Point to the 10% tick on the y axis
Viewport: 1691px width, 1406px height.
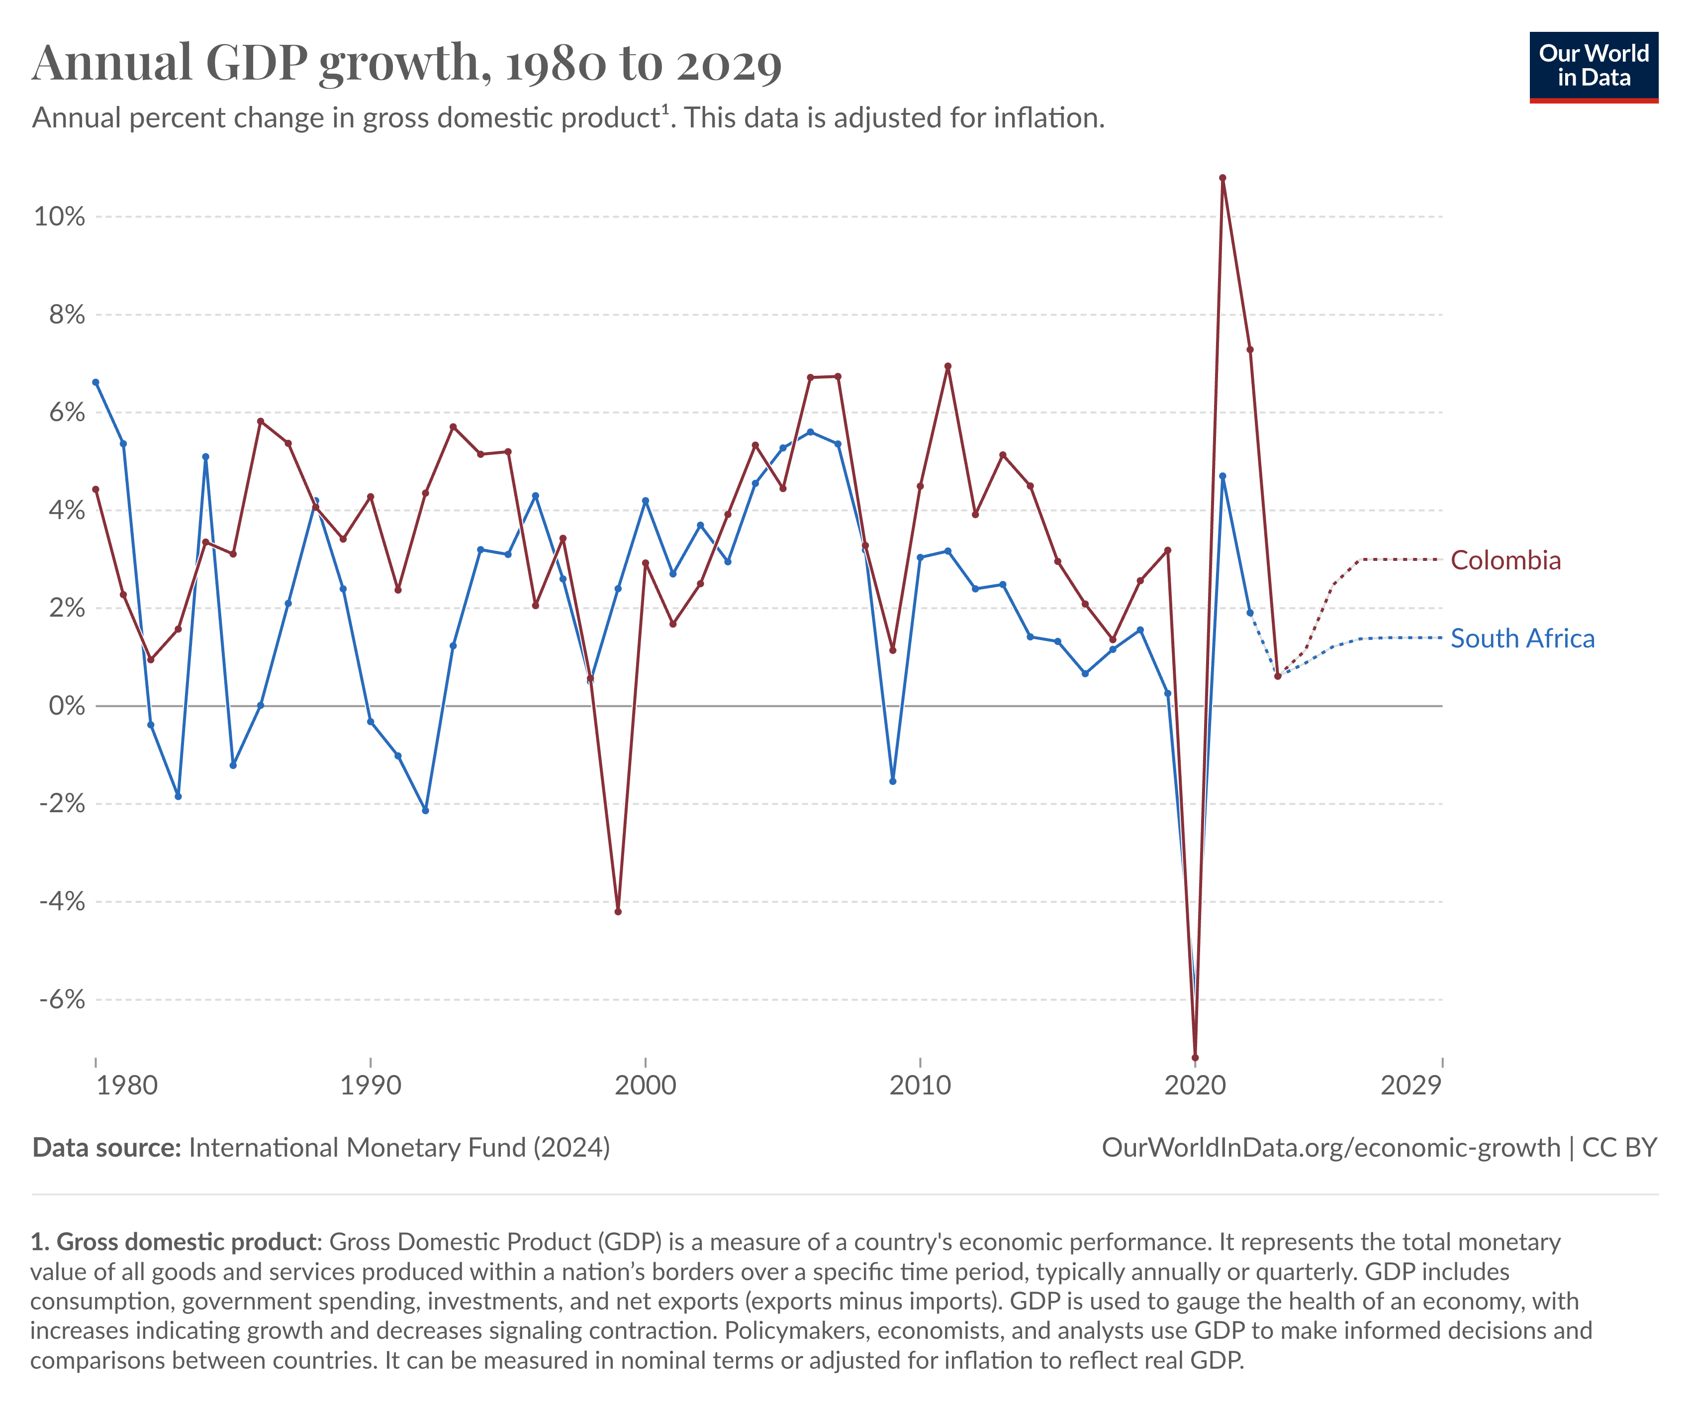coord(59,216)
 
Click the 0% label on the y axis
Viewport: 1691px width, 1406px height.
coord(66,706)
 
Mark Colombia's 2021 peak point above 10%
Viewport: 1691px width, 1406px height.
coord(1222,178)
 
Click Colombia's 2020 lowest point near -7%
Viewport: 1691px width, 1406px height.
coord(1195,1057)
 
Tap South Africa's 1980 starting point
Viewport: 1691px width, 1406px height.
coord(96,382)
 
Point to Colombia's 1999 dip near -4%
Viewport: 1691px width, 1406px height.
coord(618,911)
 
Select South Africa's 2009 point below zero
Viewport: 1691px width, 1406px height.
coord(892,781)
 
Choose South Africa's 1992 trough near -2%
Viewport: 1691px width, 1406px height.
coord(425,810)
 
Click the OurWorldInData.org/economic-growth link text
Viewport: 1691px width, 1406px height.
coord(1330,1147)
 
